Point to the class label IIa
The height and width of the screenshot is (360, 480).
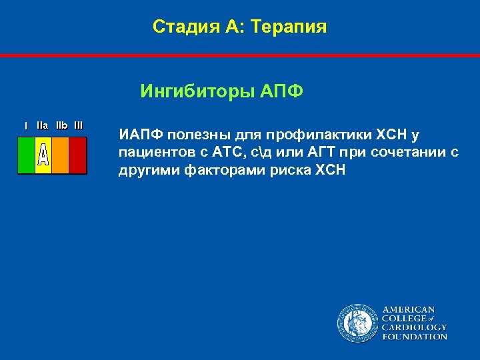tap(43, 125)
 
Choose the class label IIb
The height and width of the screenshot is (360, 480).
tap(61, 125)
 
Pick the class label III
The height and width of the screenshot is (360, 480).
tap(79, 125)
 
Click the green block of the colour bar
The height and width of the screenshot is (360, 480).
tap(26, 155)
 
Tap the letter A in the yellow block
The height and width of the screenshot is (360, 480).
tap(43, 155)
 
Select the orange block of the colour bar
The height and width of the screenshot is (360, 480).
tap(60, 155)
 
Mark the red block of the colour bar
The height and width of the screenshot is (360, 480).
tap(78, 155)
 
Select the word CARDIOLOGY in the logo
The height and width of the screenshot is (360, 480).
tap(414, 327)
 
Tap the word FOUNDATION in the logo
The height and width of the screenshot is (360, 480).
tap(414, 337)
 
